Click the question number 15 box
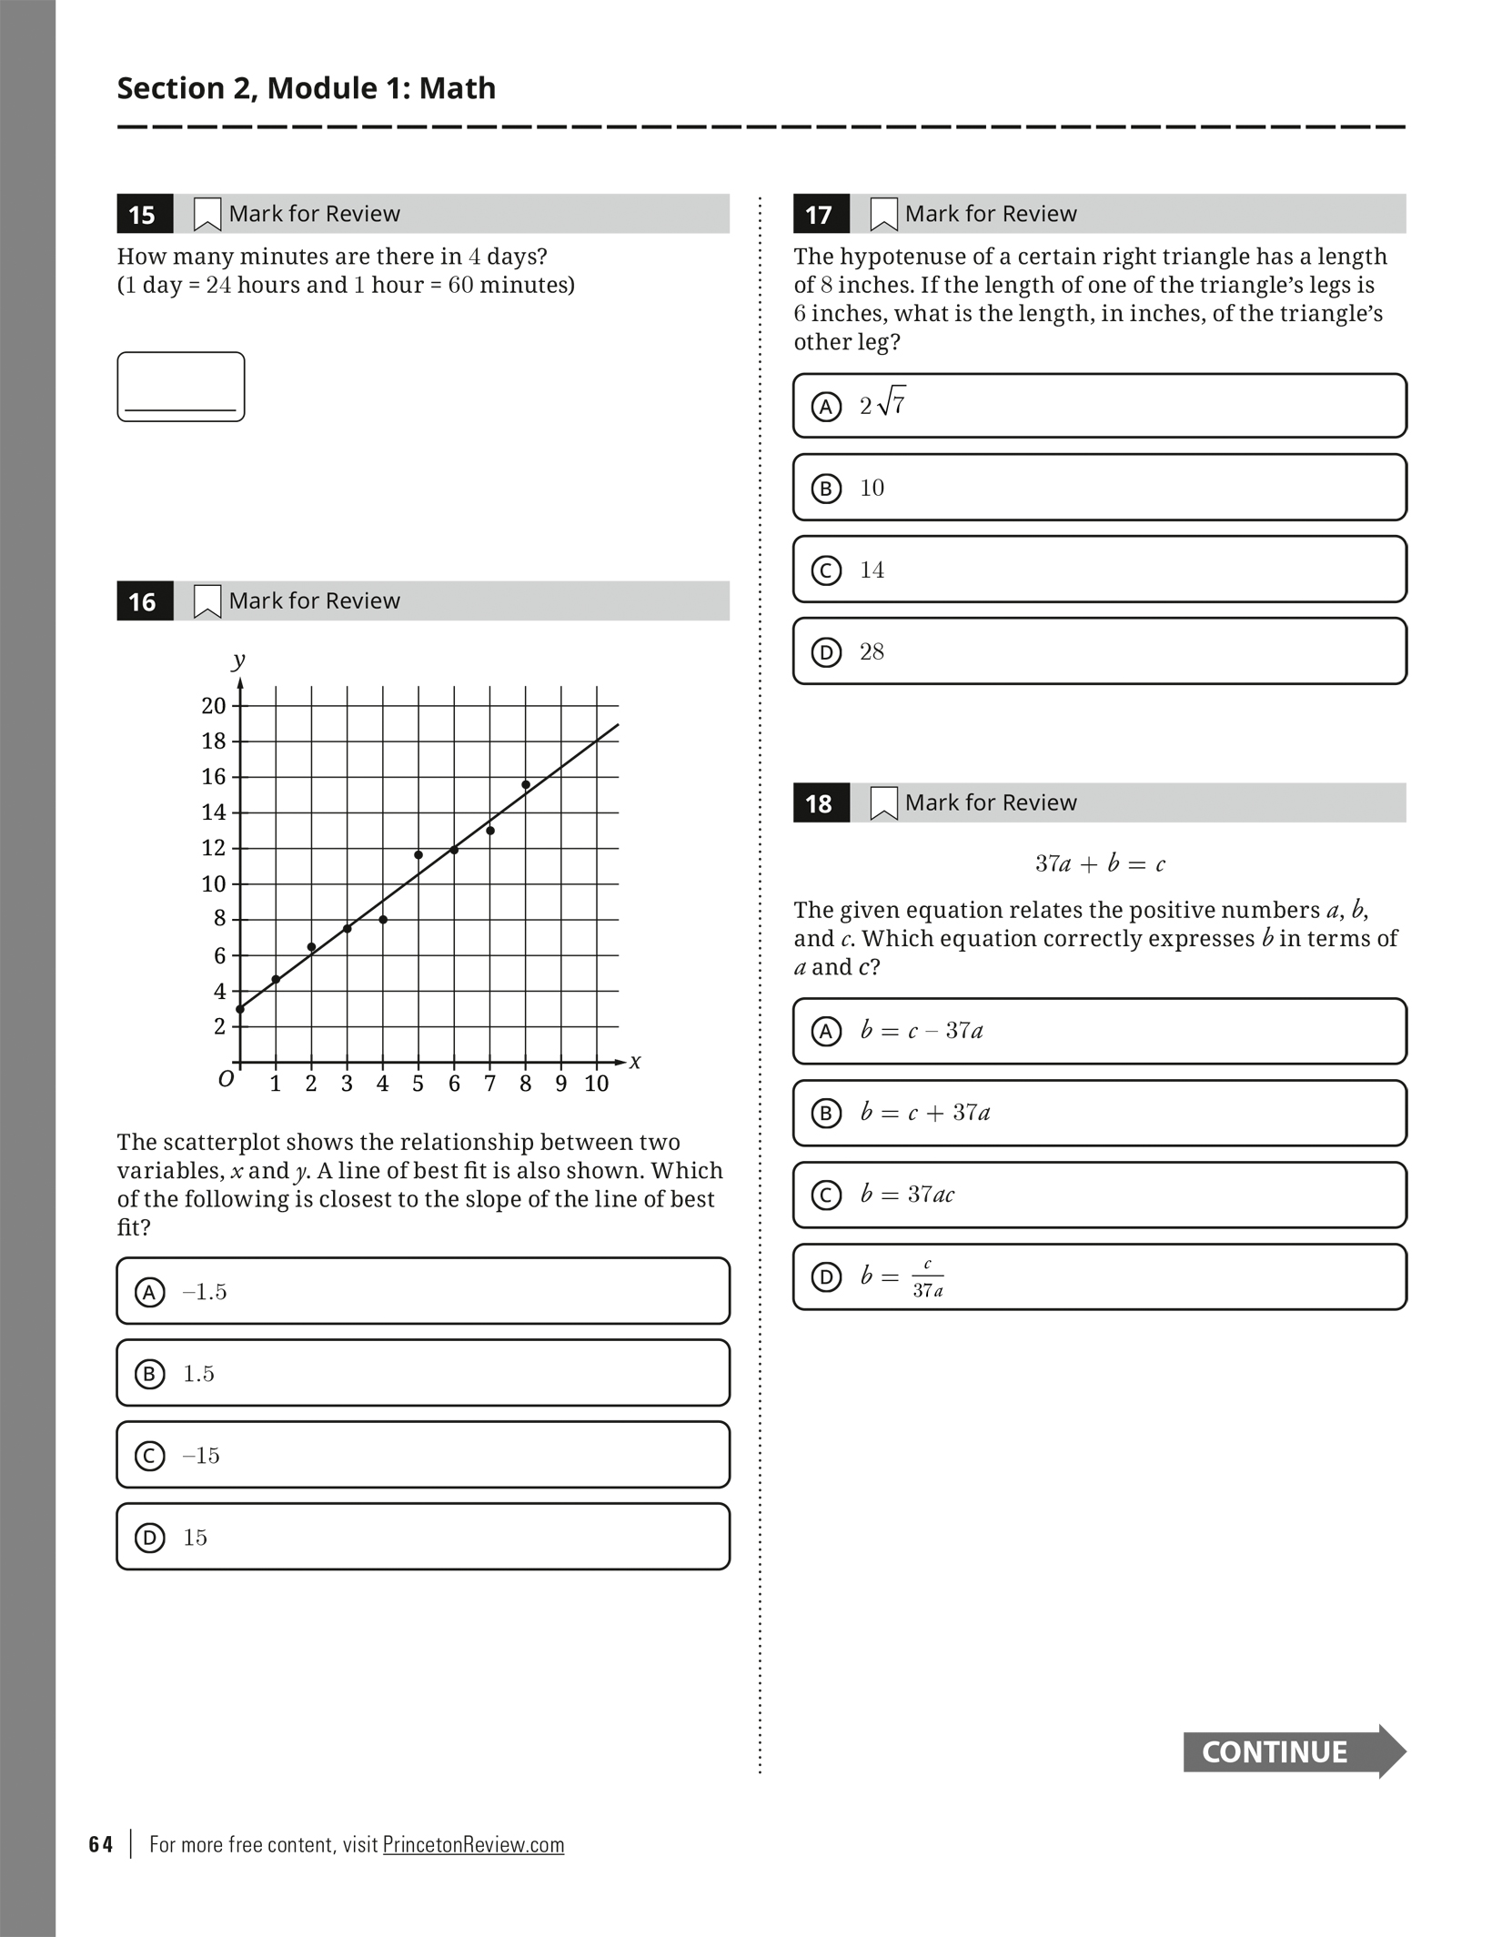tap(144, 215)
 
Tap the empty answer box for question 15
tap(180, 387)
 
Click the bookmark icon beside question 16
tap(207, 601)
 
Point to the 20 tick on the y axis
tap(214, 705)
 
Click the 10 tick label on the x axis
tap(596, 1084)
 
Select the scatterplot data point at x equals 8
tap(526, 784)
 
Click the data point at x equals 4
tap(383, 920)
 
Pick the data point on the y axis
tap(240, 1009)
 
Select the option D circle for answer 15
tap(150, 1538)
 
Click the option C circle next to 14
tap(826, 570)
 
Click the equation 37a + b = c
tap(1099, 864)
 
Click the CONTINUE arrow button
tap(1293, 1751)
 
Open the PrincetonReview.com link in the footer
tap(473, 1844)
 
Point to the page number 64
tap(101, 1844)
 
